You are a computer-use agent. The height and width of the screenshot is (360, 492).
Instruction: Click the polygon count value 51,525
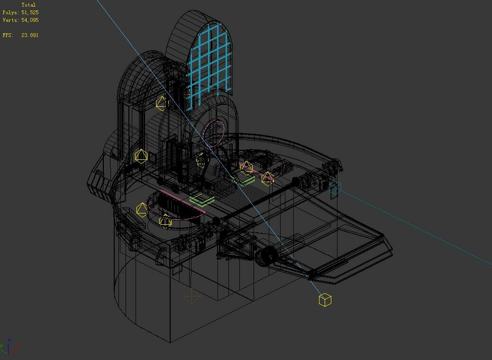[30, 12]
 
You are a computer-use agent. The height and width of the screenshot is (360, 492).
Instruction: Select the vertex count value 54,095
[30, 20]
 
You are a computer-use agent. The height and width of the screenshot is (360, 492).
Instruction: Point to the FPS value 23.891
[30, 35]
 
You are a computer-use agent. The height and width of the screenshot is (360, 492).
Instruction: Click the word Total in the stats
[28, 5]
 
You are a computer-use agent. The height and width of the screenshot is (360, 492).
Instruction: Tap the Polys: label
[10, 12]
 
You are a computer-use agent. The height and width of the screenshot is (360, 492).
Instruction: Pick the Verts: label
[10, 20]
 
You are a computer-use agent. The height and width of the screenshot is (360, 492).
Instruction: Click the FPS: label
[8, 35]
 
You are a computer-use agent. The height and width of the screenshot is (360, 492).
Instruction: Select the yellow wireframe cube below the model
[325, 300]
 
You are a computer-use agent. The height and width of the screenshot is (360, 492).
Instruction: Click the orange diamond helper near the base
[191, 296]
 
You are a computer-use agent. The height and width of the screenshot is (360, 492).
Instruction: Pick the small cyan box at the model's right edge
[335, 188]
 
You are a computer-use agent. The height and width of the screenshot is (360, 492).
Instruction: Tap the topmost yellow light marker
[161, 103]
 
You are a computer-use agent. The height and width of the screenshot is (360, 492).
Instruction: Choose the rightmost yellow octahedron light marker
[268, 178]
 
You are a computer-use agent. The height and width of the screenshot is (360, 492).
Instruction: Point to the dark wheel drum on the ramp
[267, 256]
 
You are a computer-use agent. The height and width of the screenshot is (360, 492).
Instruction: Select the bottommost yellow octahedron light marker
[165, 221]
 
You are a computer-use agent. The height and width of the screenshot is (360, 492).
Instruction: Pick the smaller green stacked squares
[246, 181]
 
